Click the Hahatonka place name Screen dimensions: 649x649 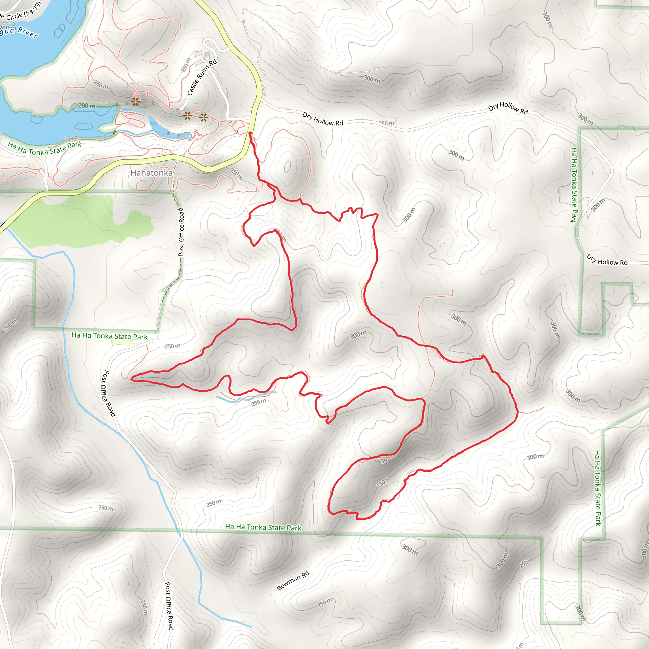pyautogui.click(x=151, y=173)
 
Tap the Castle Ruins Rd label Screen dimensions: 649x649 pyautogui.click(x=202, y=78)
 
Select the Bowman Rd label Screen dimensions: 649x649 pyautogui.click(x=292, y=581)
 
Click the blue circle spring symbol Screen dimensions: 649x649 pyautogui.click(x=190, y=136)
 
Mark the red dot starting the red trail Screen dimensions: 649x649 pyautogui.click(x=250, y=133)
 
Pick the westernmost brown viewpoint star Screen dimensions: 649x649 pyautogui.click(x=135, y=101)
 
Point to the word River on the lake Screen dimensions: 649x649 pyautogui.click(x=28, y=32)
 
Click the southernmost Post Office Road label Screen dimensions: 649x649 pyautogui.click(x=169, y=606)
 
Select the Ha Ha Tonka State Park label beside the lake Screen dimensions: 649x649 pyautogui.click(x=45, y=148)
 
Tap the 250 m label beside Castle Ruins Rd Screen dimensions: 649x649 pyautogui.click(x=186, y=65)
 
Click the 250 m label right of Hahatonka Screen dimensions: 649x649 pyautogui.click(x=236, y=174)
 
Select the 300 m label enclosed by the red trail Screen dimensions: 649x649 pyautogui.click(x=358, y=335)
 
